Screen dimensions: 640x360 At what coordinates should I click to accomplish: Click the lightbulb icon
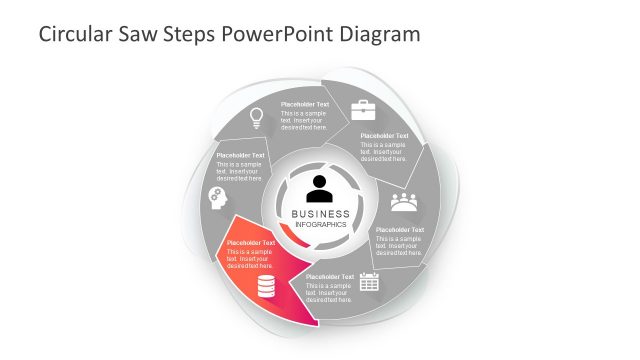(x=256, y=118)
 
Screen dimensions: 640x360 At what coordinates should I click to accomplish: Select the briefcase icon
(x=363, y=109)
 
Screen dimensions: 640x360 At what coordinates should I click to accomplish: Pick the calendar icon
(x=369, y=283)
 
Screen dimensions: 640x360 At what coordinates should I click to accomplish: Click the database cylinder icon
(x=266, y=288)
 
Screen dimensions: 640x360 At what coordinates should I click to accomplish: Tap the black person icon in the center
(x=320, y=187)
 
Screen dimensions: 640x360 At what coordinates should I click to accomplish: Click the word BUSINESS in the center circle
(x=320, y=213)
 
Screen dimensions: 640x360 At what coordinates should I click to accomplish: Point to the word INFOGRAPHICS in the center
(x=320, y=224)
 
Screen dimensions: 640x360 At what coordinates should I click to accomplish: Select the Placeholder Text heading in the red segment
(x=251, y=243)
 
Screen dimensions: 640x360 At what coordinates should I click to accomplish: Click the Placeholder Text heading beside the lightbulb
(x=304, y=105)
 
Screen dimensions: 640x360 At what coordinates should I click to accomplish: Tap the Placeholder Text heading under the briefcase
(x=384, y=136)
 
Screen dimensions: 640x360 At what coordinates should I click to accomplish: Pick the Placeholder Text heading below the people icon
(x=400, y=230)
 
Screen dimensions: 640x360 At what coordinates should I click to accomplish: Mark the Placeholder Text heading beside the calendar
(x=330, y=277)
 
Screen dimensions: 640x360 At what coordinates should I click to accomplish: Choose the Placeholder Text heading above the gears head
(x=240, y=156)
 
